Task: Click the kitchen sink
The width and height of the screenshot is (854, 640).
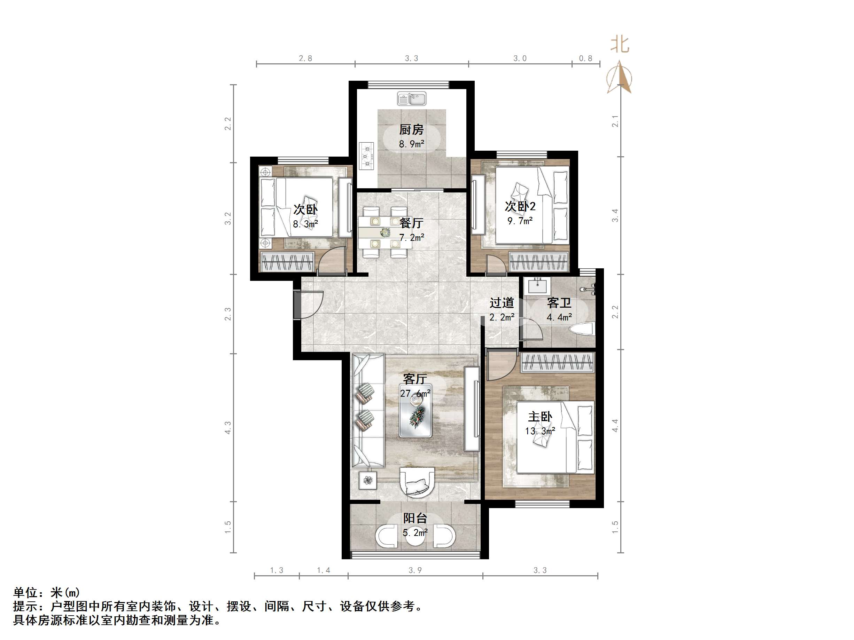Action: click(x=412, y=99)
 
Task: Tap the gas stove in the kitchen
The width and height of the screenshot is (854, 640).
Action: click(x=366, y=156)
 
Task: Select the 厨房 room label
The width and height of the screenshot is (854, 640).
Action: click(x=411, y=129)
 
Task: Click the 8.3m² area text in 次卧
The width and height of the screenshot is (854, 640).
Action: click(x=305, y=224)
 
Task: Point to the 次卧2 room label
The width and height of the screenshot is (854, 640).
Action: click(x=520, y=206)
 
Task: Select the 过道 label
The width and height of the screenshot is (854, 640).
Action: click(x=502, y=303)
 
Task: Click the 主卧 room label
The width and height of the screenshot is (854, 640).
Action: click(x=540, y=417)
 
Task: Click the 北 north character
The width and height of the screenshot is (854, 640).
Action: click(x=620, y=45)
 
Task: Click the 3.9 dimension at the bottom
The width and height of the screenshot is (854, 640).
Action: click(x=415, y=570)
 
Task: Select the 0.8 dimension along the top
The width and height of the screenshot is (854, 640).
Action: click(x=585, y=58)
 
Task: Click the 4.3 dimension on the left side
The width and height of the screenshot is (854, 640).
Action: click(x=228, y=427)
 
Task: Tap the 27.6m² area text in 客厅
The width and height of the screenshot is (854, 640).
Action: click(x=415, y=394)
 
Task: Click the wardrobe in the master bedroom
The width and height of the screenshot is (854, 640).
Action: click(x=557, y=363)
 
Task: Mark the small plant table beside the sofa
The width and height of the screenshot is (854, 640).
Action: click(x=367, y=480)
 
